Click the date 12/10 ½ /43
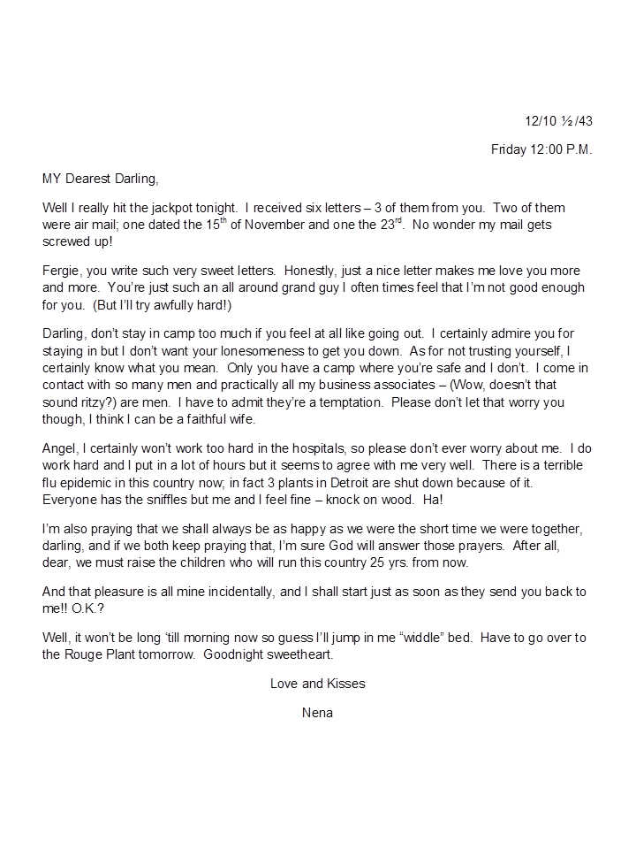558,120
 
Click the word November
249,225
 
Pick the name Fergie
62,271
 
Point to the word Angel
60,448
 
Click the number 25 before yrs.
408,562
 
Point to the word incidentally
248,592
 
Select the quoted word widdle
455,638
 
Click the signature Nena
317,713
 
